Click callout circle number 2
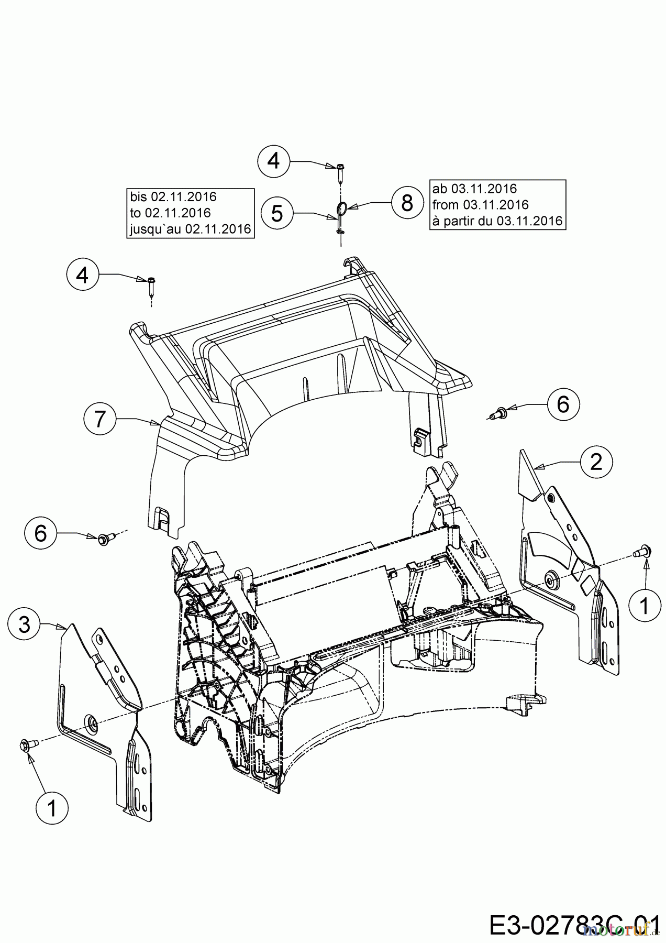click(596, 462)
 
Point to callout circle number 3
click(25, 624)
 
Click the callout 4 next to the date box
click(83, 275)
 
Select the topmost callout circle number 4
click(274, 161)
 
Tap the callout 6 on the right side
click(563, 404)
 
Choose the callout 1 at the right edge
click(644, 606)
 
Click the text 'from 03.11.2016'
click(480, 204)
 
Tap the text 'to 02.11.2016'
click(171, 213)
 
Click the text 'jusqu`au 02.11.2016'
click(190, 229)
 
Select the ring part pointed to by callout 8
click(340, 209)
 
